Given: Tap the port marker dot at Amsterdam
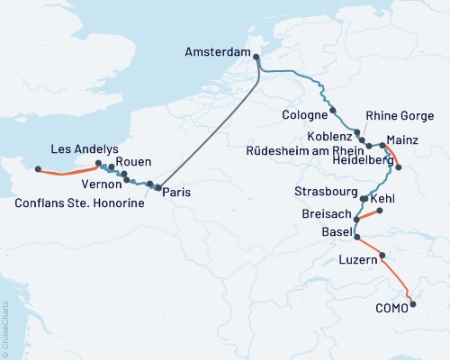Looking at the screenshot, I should (x=256, y=57).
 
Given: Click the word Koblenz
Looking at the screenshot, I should (x=328, y=135).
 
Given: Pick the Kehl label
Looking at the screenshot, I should (x=382, y=197).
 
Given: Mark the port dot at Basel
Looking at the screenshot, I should (x=357, y=238).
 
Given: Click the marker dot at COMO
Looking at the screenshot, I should (x=413, y=304).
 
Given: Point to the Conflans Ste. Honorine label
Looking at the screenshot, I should (x=79, y=204).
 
